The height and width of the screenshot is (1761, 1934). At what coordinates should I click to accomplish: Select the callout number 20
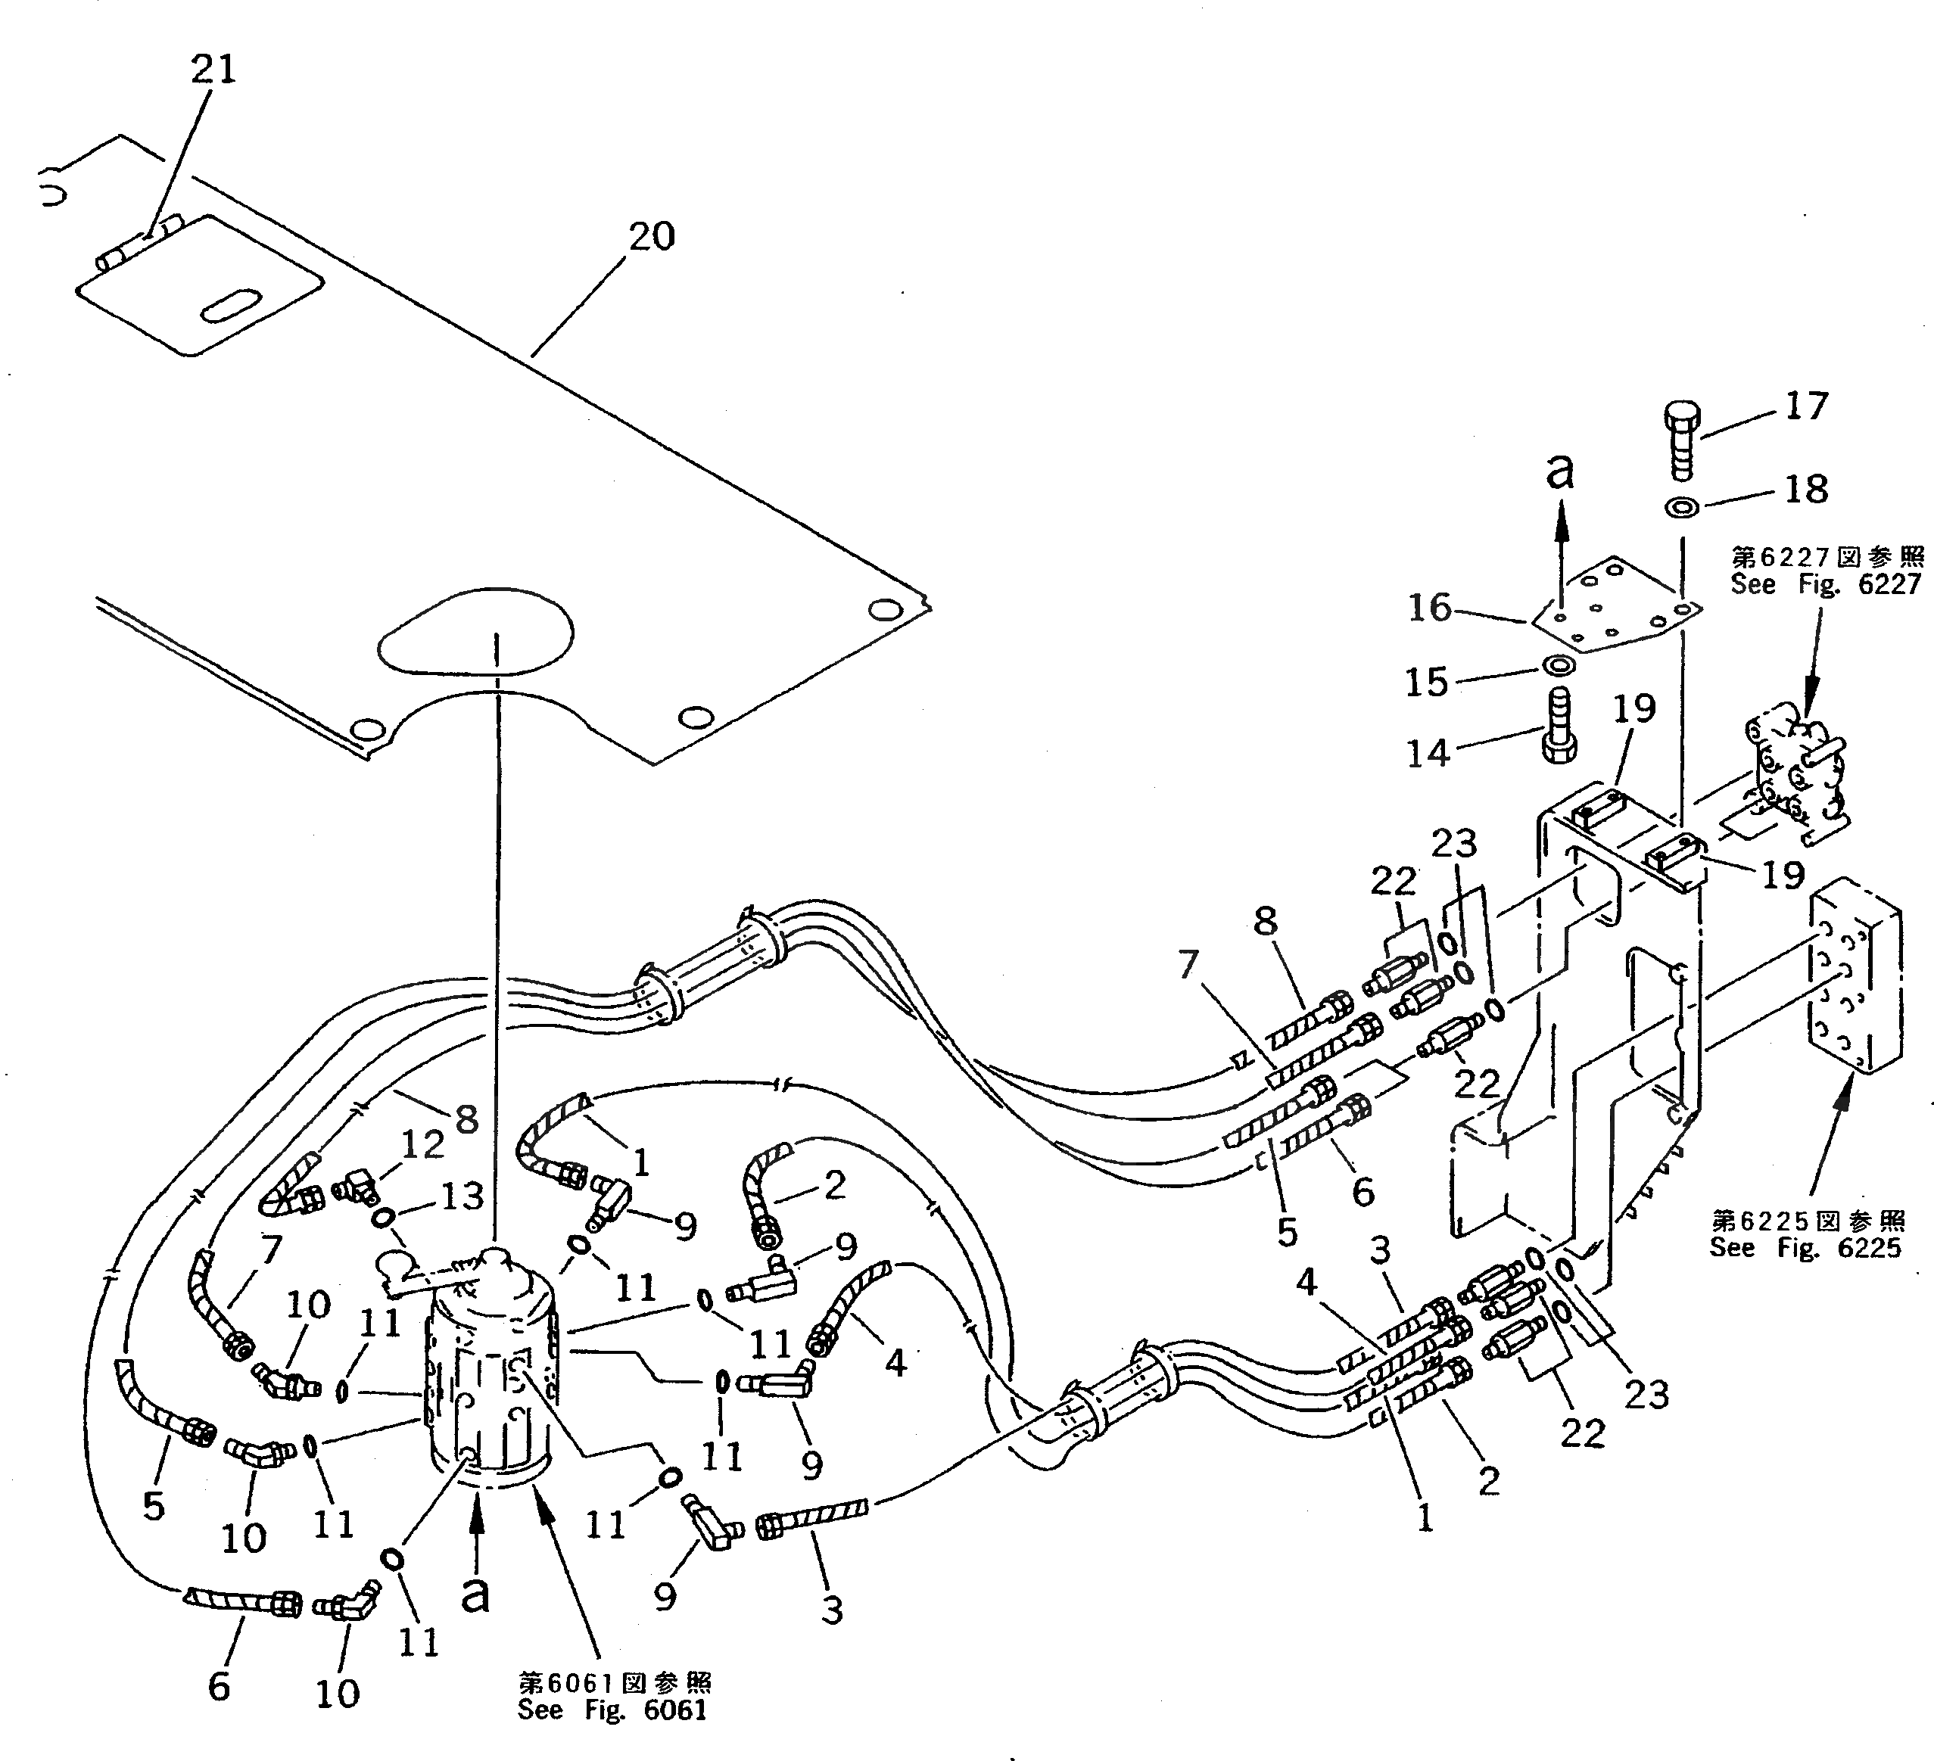point(652,236)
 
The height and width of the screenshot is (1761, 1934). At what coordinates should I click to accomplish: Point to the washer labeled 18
point(1682,506)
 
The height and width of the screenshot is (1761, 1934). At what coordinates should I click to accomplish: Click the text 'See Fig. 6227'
point(1826,584)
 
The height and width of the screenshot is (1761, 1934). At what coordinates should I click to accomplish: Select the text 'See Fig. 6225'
point(1805,1248)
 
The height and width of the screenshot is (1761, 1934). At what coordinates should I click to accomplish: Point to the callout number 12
point(423,1143)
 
